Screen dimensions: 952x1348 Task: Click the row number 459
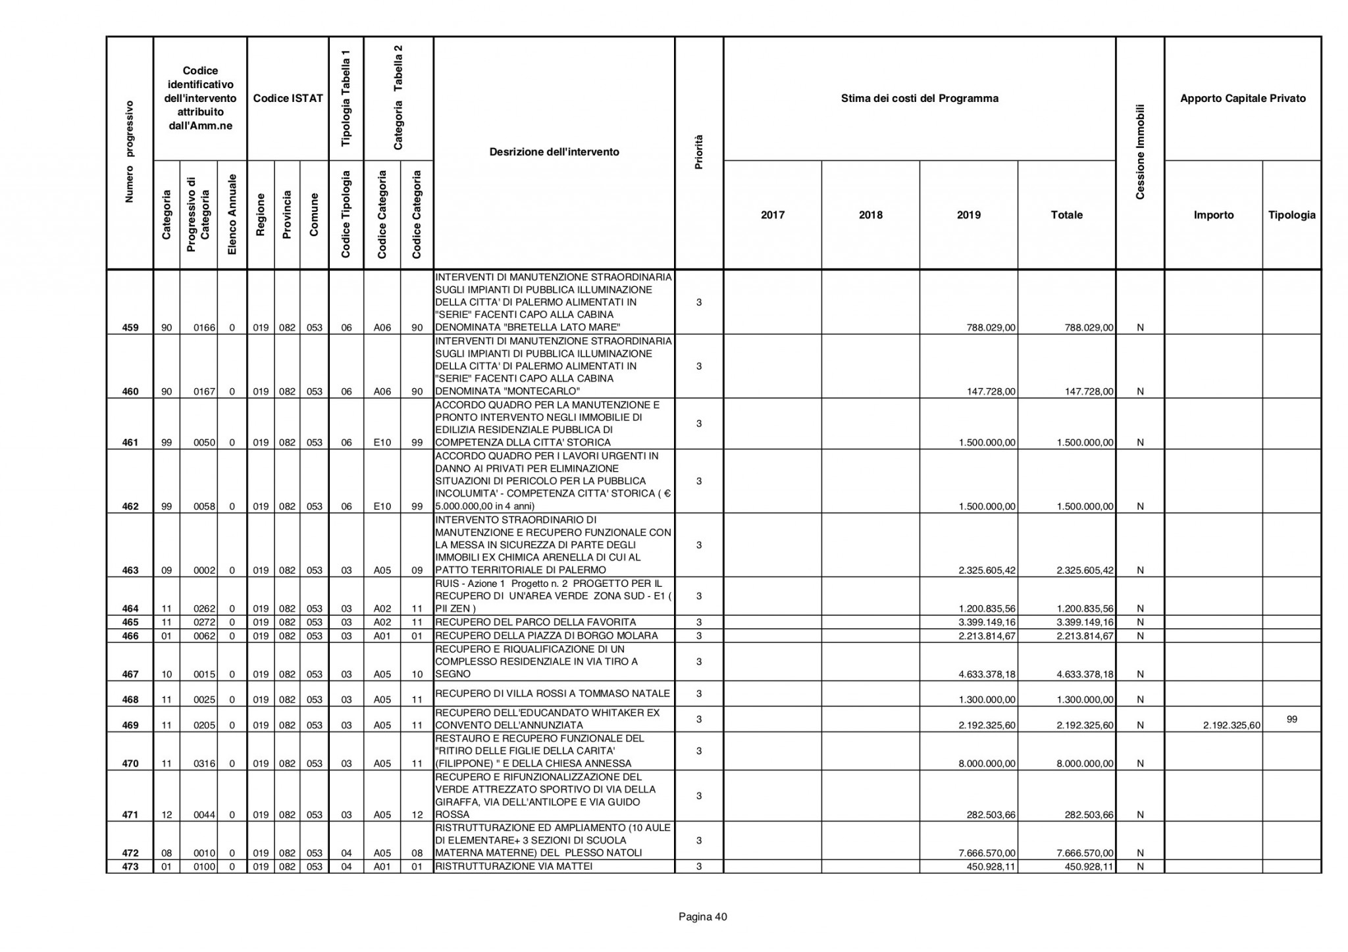130,328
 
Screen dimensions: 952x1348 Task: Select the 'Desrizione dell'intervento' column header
554,152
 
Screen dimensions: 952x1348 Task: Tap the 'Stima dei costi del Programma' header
920,99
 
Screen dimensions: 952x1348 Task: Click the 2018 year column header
870,215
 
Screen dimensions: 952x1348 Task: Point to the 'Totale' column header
1066,215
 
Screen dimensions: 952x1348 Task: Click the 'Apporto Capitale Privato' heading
1243,99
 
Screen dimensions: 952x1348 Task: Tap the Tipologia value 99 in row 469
1291,720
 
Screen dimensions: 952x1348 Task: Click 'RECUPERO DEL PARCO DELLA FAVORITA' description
536,622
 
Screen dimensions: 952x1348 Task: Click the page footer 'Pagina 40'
703,917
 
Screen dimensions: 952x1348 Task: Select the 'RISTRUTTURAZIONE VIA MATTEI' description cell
514,866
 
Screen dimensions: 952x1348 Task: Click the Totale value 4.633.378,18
1085,674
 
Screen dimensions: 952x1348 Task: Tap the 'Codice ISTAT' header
288,99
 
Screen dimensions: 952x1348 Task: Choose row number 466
130,636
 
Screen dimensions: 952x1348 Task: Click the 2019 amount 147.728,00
991,392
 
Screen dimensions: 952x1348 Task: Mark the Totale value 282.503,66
1089,815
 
